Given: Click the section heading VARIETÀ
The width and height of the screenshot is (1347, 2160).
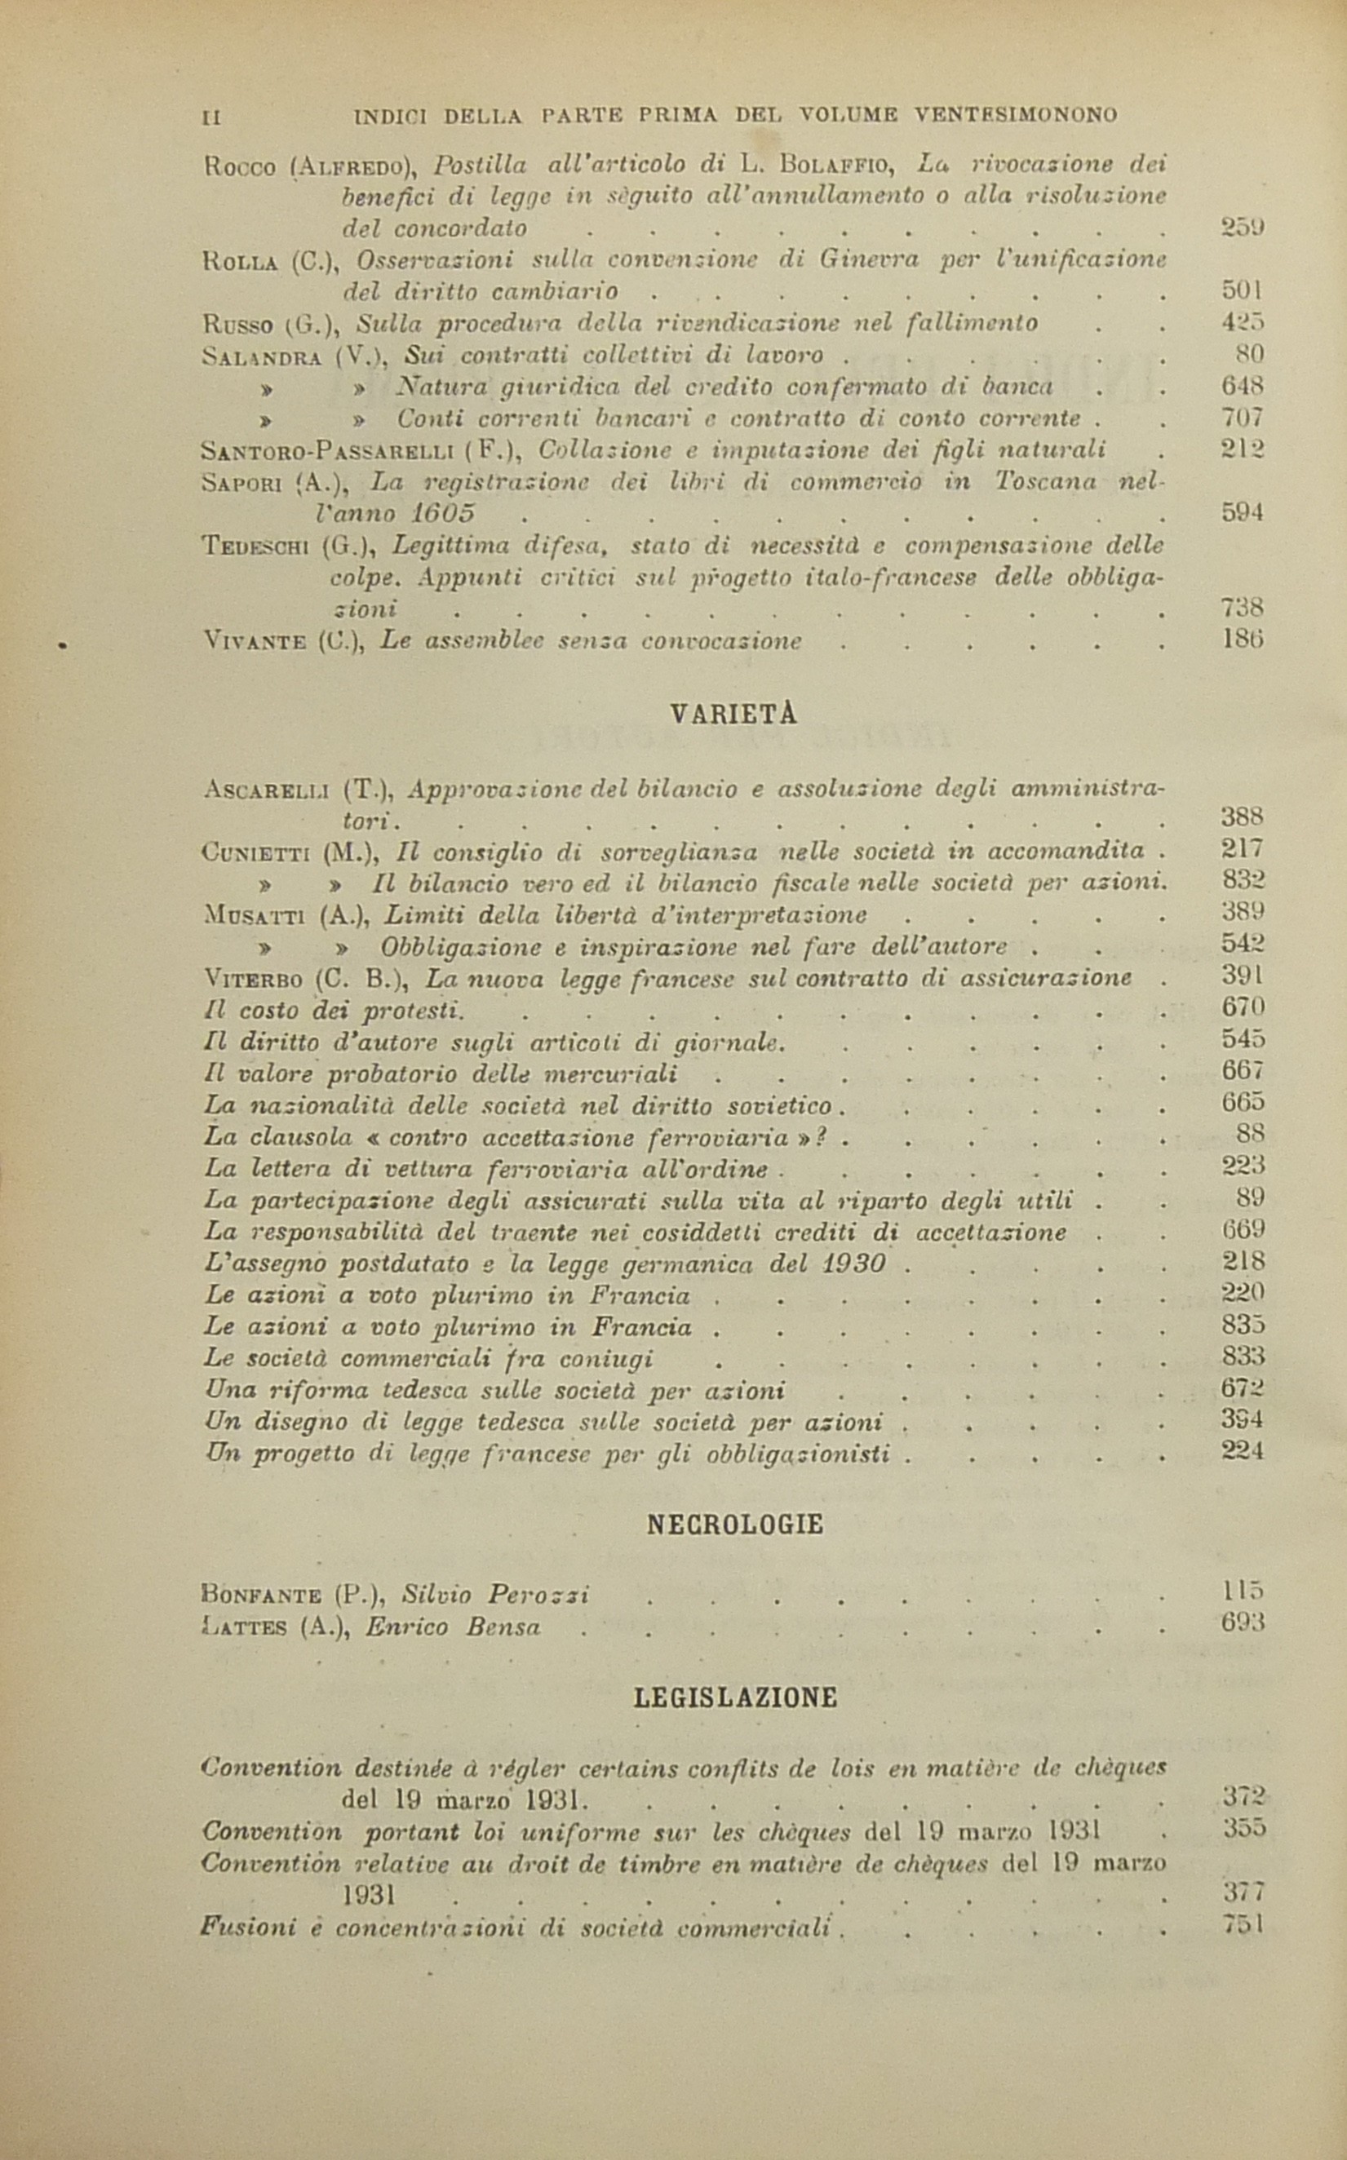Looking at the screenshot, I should click(733, 715).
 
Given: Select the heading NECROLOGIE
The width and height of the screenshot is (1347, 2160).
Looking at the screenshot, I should click(734, 1525).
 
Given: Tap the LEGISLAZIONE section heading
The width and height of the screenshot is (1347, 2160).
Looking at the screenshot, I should click(735, 1697).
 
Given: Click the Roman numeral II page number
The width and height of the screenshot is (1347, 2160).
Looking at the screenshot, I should click(212, 116).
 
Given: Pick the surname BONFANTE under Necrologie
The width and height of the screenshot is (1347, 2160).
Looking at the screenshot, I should click(261, 1594).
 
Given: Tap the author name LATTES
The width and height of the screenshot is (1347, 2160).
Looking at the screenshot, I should click(245, 1627).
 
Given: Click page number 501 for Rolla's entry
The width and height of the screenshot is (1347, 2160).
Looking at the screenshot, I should click(1242, 290).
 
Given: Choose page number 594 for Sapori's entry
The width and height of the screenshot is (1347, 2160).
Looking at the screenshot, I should click(1242, 513).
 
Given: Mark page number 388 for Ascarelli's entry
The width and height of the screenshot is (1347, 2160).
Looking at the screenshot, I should click(1242, 817).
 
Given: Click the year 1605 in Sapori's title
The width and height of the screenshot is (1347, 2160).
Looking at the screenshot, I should click(443, 514).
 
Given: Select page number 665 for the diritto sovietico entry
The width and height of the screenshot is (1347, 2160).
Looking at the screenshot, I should click(1243, 1103).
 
